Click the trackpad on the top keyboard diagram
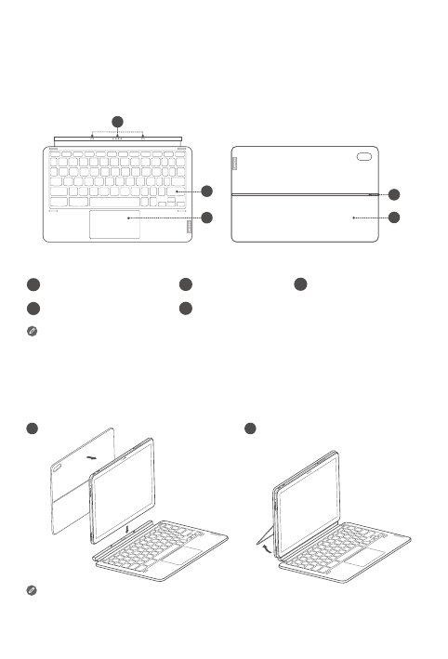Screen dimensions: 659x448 point(115,224)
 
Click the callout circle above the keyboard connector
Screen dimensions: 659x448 point(117,122)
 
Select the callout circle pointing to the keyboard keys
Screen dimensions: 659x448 point(207,191)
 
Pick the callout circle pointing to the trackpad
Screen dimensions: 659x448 point(207,218)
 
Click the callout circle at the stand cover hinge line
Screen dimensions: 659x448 point(395,194)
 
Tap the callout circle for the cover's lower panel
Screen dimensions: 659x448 point(395,218)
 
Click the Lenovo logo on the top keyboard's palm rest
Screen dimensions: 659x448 point(190,226)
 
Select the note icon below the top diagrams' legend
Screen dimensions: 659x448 point(33,330)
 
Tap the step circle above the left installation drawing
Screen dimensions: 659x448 point(33,428)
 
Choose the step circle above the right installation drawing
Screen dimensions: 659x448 point(251,428)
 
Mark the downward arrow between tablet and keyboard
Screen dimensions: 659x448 point(125,530)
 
